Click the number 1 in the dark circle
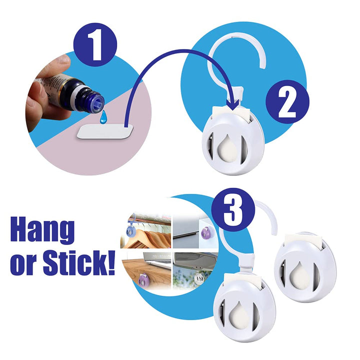(95, 44)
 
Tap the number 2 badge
(287, 102)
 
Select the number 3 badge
(233, 209)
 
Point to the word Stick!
(79, 262)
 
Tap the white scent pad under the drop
(105, 131)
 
